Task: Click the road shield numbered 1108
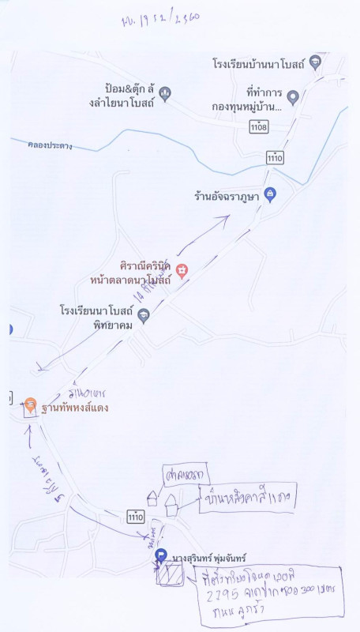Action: click(257, 126)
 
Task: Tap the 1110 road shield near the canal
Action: click(275, 158)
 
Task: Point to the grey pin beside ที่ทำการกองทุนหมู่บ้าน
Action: click(292, 97)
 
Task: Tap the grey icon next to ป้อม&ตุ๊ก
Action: click(164, 94)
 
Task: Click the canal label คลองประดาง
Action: click(50, 145)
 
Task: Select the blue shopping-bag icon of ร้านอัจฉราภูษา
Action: click(269, 194)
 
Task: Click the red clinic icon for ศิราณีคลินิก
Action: click(182, 271)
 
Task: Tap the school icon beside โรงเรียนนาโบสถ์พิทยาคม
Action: click(143, 316)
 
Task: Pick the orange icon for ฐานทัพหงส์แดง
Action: click(29, 405)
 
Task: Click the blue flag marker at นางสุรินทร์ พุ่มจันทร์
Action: click(161, 555)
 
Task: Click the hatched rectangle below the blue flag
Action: click(167, 576)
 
